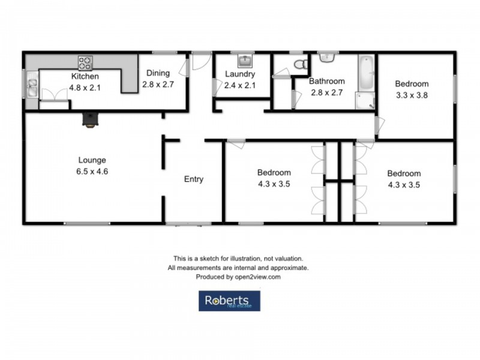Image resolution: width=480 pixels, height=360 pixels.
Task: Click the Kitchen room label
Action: pos(85,76)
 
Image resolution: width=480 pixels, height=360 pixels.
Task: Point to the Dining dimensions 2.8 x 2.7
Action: pos(158,85)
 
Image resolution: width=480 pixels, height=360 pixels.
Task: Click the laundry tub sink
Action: pos(246,61)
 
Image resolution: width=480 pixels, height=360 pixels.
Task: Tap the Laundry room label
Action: pos(241,74)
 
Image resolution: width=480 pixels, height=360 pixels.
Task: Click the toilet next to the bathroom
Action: pos(300,64)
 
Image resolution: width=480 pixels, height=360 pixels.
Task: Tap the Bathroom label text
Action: pos(326,81)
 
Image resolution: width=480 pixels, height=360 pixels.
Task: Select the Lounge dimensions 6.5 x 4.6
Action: pos(92,171)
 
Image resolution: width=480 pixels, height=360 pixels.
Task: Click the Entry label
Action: pos(193,179)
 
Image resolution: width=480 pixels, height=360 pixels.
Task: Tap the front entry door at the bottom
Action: pos(184,225)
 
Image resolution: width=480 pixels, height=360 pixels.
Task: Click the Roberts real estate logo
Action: pos(230,301)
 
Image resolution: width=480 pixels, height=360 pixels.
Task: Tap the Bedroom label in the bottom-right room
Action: pos(404,174)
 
